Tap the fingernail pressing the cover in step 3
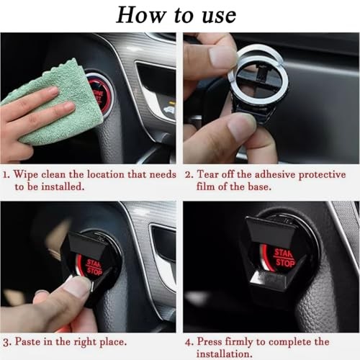coord(77,287)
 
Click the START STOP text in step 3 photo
coord(94,268)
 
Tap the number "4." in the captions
coord(189,342)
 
